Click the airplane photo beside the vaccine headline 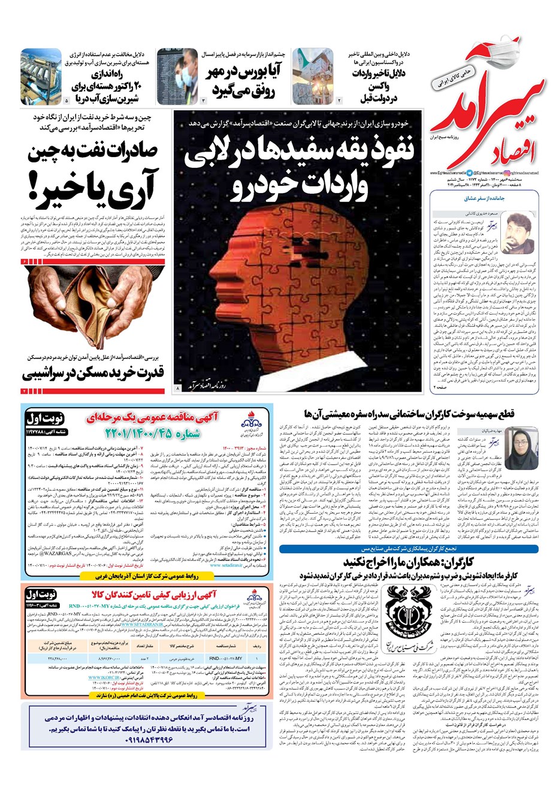[x=313, y=76]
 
